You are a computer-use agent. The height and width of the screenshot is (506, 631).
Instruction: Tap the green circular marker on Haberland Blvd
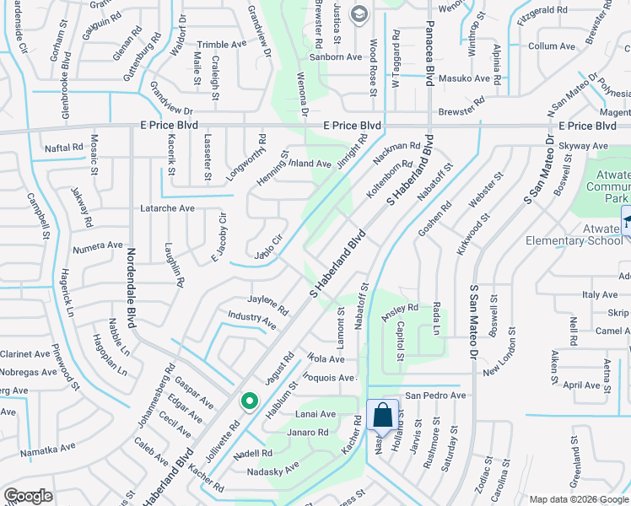pyautogui.click(x=249, y=401)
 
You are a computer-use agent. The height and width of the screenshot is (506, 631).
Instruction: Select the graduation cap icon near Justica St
pyautogui.click(x=359, y=13)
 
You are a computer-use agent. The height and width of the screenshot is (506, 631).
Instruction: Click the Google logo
pyautogui.click(x=29, y=496)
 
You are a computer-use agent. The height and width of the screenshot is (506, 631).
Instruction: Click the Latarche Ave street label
pyautogui.click(x=167, y=208)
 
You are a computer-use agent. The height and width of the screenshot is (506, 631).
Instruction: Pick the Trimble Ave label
pyautogui.click(x=220, y=45)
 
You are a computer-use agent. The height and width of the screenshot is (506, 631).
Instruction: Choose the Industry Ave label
pyautogui.click(x=251, y=319)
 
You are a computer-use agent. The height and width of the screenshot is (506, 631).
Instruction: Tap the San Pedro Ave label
pyautogui.click(x=435, y=396)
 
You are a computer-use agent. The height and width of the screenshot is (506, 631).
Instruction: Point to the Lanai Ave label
pyautogui.click(x=315, y=414)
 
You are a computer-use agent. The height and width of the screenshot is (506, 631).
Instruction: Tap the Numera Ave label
pyautogui.click(x=97, y=245)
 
